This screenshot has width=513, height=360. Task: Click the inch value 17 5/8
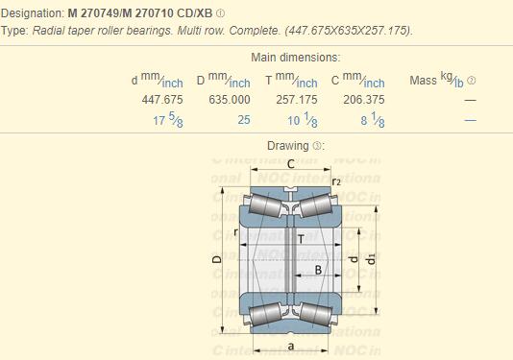[x=167, y=120]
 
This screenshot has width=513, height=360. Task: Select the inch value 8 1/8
[x=373, y=120]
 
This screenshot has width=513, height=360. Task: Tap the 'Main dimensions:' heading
[x=296, y=58]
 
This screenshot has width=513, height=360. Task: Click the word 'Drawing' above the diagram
[x=287, y=145]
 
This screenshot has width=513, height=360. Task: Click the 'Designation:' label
[x=35, y=13]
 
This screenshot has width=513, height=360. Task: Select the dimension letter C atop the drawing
[x=290, y=163]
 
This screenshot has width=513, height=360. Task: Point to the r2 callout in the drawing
[x=336, y=181]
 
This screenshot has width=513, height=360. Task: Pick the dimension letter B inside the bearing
[x=318, y=271]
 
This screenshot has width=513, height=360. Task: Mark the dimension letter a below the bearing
[x=289, y=344]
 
